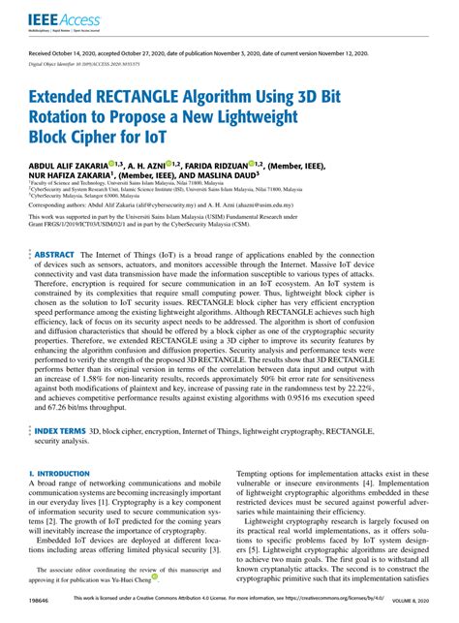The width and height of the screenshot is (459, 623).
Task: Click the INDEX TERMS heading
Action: click(60, 429)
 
